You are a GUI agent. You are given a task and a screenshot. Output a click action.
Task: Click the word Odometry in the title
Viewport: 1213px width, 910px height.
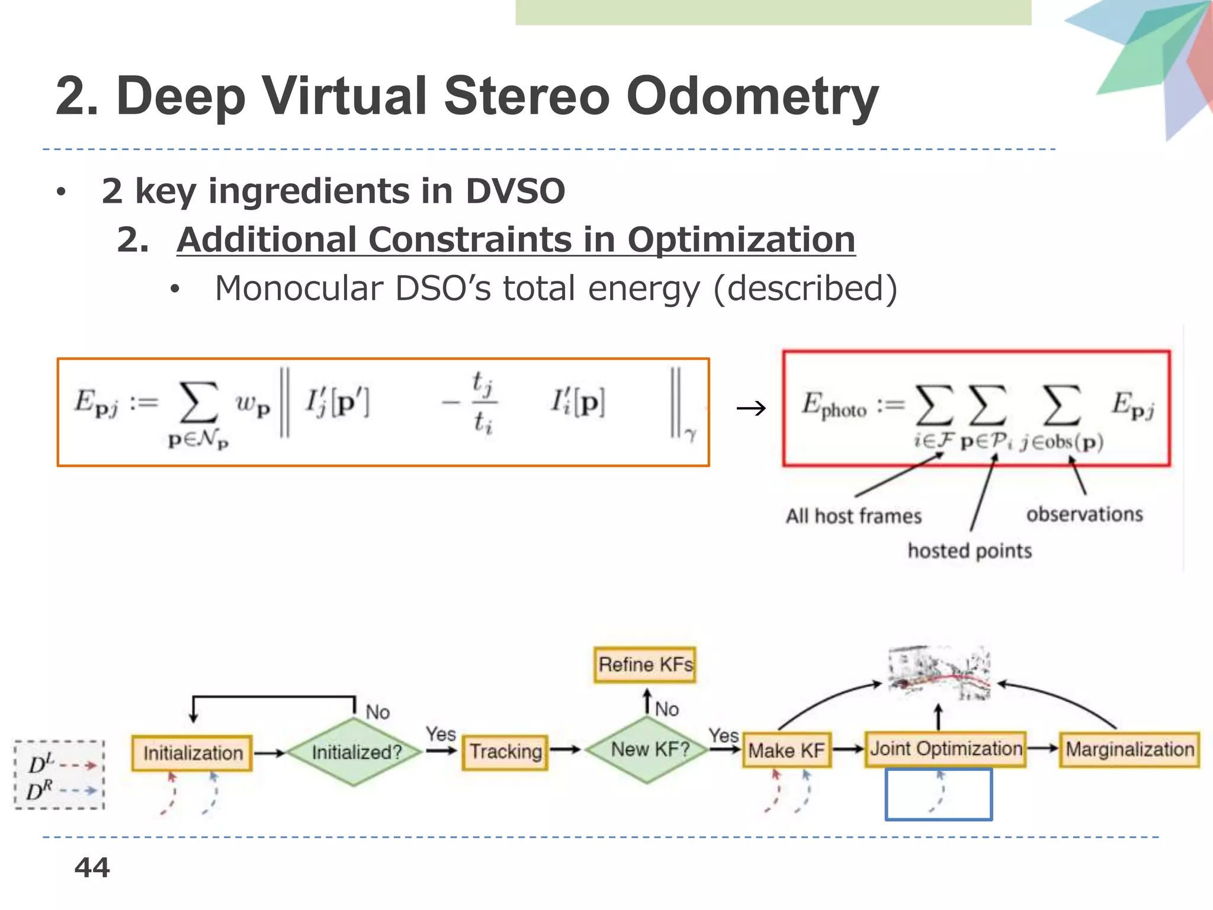(x=752, y=97)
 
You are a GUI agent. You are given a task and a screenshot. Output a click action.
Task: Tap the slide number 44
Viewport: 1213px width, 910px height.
(x=92, y=868)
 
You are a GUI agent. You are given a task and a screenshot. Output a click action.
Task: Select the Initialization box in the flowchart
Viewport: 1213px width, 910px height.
(x=192, y=753)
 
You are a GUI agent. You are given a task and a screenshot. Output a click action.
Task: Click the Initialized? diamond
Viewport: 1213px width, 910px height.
(x=355, y=752)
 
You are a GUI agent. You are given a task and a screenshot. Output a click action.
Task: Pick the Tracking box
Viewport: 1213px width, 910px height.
(x=505, y=752)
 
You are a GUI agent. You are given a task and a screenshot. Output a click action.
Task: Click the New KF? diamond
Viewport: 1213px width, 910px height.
(x=649, y=749)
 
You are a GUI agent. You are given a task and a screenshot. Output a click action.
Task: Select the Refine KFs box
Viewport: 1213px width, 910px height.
(x=645, y=665)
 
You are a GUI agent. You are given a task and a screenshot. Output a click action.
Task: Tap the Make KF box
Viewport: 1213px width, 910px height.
(x=786, y=751)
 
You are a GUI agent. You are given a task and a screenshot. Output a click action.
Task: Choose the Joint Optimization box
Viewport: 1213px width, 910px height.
(x=945, y=749)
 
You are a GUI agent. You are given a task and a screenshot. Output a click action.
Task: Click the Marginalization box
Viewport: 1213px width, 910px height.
(x=1129, y=749)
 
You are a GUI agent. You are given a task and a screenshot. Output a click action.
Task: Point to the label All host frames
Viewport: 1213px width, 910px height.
(x=853, y=516)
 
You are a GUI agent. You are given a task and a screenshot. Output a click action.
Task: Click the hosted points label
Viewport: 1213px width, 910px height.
(x=970, y=551)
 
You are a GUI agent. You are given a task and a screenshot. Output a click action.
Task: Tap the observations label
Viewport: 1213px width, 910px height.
(x=1084, y=514)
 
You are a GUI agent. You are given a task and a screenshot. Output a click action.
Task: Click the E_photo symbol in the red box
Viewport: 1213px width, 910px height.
(x=834, y=406)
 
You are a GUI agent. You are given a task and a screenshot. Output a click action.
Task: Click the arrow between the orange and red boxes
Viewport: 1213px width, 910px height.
(x=751, y=408)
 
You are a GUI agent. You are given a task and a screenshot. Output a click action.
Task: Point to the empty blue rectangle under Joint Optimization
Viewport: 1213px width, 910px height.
(x=938, y=794)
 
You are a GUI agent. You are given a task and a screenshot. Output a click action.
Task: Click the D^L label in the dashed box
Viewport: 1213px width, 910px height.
(x=41, y=764)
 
